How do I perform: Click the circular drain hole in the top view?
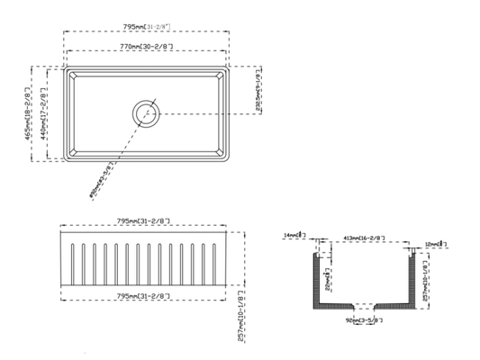pos(146,113)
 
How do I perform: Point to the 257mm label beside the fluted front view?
pos(242,315)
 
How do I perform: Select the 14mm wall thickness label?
pos(294,236)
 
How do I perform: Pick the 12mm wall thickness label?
pos(432,242)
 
